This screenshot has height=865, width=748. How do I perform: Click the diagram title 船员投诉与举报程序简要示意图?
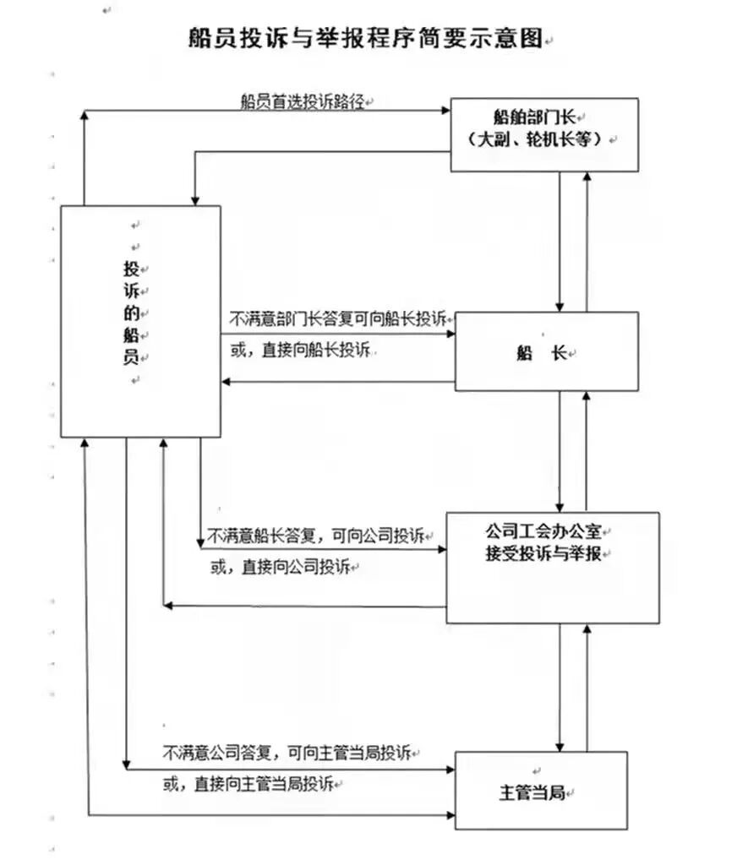[x=366, y=39]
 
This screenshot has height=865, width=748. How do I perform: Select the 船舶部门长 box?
[x=543, y=134]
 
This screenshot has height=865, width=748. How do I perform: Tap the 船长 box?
[x=546, y=352]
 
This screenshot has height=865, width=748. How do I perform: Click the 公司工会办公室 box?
[x=552, y=568]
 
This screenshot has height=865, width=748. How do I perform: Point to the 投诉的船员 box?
[x=140, y=321]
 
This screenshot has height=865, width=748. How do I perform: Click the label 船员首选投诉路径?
[x=301, y=101]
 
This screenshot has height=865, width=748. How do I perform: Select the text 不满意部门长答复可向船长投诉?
[x=338, y=320]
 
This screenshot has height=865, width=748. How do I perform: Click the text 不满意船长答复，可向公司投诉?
[x=315, y=536]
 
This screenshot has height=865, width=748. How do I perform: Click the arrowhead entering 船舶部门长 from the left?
[x=445, y=109]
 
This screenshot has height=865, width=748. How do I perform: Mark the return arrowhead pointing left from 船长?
[x=227, y=383]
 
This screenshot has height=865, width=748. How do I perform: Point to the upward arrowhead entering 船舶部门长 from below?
[x=587, y=177]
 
